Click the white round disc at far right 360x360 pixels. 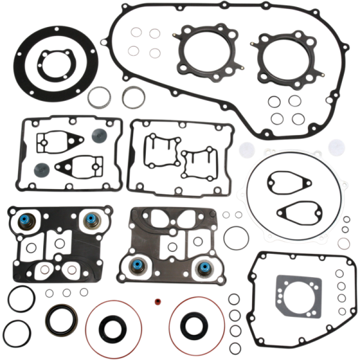(x=337, y=146)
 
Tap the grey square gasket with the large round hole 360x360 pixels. (x=294, y=295)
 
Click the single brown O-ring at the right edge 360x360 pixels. (x=344, y=244)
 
